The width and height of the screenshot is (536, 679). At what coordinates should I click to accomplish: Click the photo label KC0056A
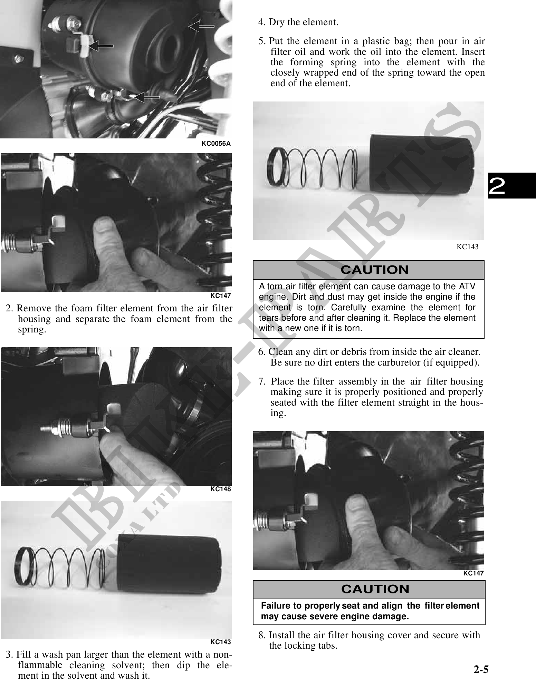[216, 144]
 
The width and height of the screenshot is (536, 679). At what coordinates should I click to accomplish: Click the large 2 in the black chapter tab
[497, 187]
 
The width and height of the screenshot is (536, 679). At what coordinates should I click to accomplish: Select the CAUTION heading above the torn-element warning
[374, 270]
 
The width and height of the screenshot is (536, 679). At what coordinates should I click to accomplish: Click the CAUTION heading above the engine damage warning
[375, 589]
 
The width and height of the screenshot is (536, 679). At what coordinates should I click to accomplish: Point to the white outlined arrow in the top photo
[201, 26]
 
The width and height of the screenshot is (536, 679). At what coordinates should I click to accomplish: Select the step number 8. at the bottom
[262, 635]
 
